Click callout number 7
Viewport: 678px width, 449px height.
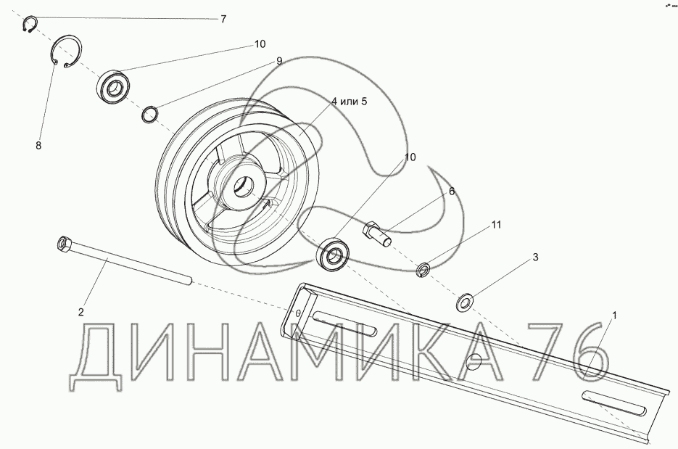[x=223, y=19]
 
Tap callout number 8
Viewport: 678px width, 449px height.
[x=38, y=145]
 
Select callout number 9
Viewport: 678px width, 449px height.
[x=279, y=61]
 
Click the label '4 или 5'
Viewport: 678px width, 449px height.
[x=349, y=102]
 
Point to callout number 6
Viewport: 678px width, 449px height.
[x=452, y=191]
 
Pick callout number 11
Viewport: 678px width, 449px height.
[x=496, y=225]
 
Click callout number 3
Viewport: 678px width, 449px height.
[x=535, y=258]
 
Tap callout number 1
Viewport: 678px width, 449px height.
[x=614, y=316]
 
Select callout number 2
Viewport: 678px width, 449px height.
[x=81, y=312]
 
